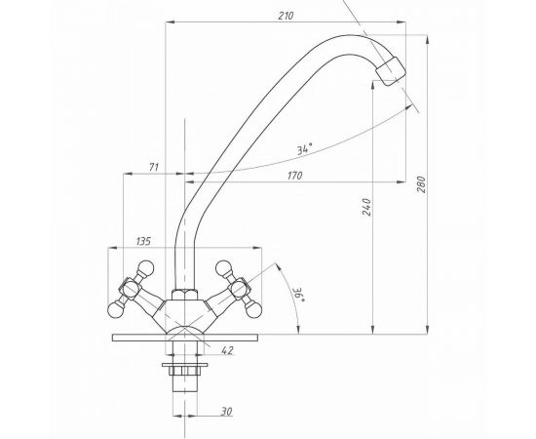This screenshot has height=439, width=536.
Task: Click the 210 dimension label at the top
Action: (286, 16)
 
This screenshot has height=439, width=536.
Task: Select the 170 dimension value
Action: (294, 176)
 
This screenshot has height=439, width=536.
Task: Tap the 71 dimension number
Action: (154, 168)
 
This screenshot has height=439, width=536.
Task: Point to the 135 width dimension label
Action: (143, 241)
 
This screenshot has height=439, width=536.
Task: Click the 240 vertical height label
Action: (366, 207)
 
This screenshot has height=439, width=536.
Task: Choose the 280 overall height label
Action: (422, 184)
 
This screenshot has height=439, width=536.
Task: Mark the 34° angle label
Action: (304, 149)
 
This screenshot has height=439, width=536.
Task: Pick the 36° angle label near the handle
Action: (298, 295)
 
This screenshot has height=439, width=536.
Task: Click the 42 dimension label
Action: (227, 350)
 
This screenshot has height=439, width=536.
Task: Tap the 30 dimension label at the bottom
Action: (226, 412)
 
